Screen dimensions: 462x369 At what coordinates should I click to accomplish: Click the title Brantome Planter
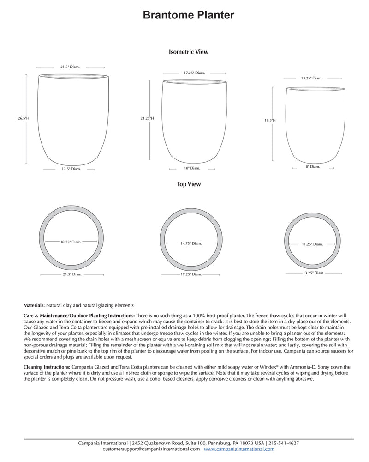coord(188,15)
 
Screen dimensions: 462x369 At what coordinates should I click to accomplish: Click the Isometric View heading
coord(189,52)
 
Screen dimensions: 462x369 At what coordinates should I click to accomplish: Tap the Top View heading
coord(189,184)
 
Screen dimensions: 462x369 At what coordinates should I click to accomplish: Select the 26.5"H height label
coord(24,118)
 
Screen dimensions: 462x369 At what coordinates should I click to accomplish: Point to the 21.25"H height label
coord(147,118)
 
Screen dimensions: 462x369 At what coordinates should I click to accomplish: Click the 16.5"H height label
coord(270,120)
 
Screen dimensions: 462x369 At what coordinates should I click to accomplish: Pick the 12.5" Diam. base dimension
coord(71,169)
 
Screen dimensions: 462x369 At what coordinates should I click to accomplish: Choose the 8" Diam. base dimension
coord(312,166)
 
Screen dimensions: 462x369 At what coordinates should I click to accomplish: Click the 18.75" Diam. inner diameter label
coord(71,241)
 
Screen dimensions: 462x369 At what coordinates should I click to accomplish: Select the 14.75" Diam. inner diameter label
coord(191,243)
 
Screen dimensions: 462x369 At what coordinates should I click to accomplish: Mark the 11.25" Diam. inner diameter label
coord(312,244)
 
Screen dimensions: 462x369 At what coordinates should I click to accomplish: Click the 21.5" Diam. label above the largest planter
coord(70,67)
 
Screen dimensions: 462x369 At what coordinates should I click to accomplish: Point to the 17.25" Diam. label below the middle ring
coord(191,274)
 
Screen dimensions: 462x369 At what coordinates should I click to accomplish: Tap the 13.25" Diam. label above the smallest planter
coord(312,78)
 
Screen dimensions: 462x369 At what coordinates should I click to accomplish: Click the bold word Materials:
coord(34,305)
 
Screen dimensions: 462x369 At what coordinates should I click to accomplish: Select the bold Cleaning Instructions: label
coord(48,367)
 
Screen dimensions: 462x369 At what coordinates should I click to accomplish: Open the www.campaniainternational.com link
coord(239,449)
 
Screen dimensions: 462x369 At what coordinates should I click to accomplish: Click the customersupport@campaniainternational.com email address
coord(151,449)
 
